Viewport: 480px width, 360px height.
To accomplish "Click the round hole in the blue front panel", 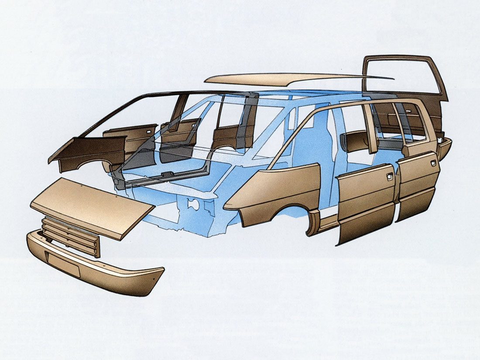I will tap(190, 203).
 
